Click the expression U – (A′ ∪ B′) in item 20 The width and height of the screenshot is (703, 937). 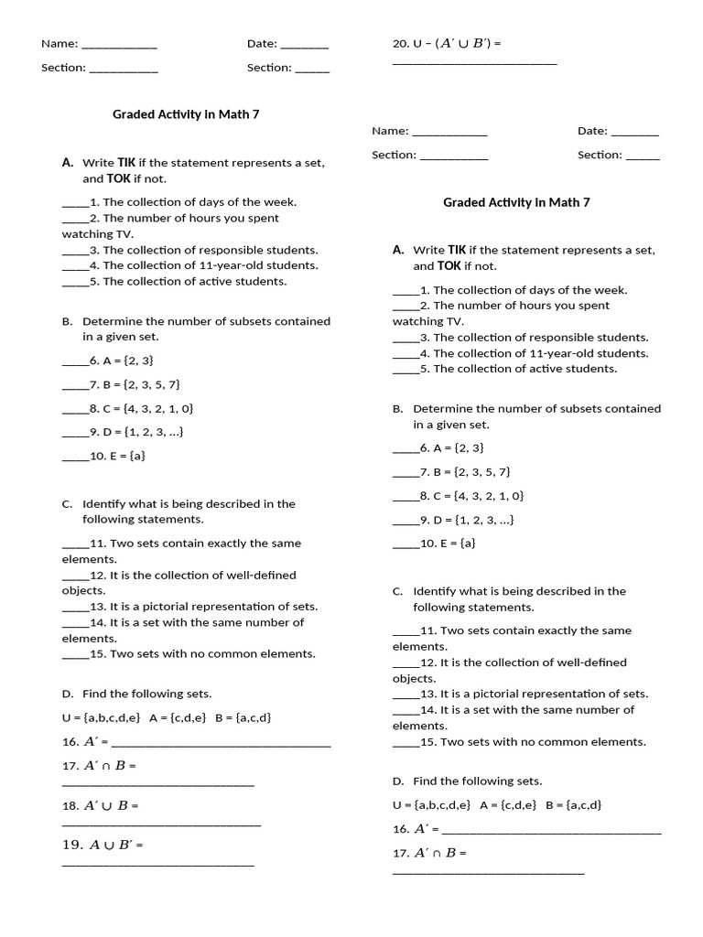point(453,43)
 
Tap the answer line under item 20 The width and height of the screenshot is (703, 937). point(474,64)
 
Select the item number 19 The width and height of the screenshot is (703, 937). point(72,845)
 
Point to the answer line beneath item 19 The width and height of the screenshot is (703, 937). point(157,865)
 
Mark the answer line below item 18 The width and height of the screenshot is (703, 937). point(161,825)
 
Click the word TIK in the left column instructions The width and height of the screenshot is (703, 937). point(126,162)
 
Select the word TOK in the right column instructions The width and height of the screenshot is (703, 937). point(449,265)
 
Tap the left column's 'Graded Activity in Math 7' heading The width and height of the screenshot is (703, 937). point(179,114)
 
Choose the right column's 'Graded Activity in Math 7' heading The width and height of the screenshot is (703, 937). point(516,202)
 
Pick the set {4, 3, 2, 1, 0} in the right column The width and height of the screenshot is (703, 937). point(488,496)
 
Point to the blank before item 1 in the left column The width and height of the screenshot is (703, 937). point(75,202)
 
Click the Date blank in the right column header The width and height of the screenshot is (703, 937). point(634,132)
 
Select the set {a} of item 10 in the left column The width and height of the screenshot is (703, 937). point(137,456)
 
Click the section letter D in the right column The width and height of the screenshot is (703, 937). point(397,781)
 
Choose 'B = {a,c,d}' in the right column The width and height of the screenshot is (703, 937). point(574,805)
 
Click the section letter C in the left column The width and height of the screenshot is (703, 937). point(67,503)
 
